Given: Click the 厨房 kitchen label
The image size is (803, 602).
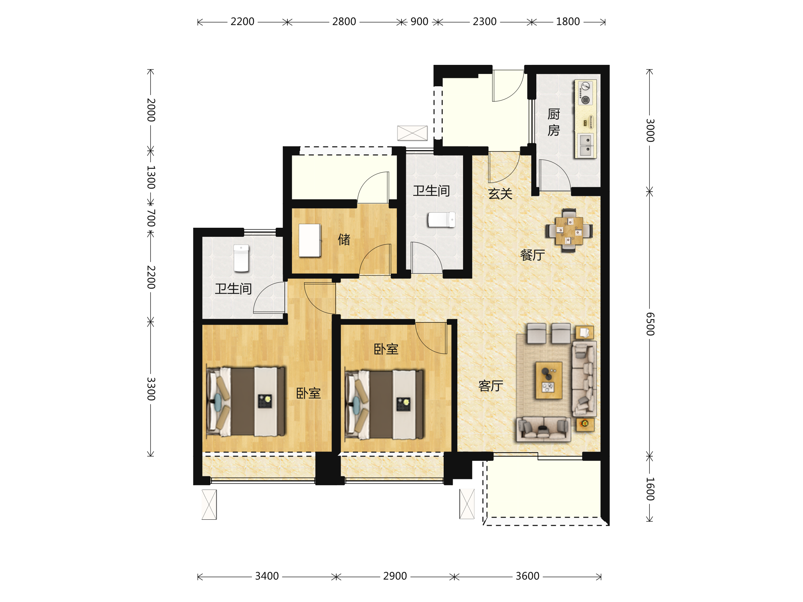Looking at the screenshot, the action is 554,122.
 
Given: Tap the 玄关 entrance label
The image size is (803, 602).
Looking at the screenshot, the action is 500,194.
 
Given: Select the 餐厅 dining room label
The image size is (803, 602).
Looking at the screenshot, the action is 533,255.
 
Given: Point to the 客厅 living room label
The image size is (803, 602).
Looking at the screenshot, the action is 491,386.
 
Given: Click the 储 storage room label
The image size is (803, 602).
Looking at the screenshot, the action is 344,239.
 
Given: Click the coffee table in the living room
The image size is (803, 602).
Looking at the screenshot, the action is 549,380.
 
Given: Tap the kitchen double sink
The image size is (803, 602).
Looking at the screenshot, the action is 586,145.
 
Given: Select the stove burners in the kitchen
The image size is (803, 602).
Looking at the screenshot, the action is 585,93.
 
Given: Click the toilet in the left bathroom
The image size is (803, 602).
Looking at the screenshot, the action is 241,258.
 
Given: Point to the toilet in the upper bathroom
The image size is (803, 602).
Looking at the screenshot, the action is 441,219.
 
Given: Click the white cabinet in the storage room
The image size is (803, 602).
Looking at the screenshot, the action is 309,240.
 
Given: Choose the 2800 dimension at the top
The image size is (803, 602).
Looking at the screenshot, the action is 344,22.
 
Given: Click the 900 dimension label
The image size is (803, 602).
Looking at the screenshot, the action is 419,22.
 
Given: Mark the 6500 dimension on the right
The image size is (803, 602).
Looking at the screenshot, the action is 650,324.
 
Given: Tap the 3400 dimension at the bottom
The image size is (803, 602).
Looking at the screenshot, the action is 267,576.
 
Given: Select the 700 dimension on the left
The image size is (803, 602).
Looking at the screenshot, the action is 151,218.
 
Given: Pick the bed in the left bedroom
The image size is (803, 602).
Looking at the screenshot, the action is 246,402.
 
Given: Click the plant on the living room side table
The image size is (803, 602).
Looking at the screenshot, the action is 585,423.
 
